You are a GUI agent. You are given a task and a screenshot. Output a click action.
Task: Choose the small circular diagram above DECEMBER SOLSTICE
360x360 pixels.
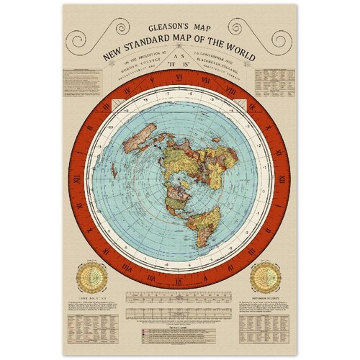click(x=267, y=276)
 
